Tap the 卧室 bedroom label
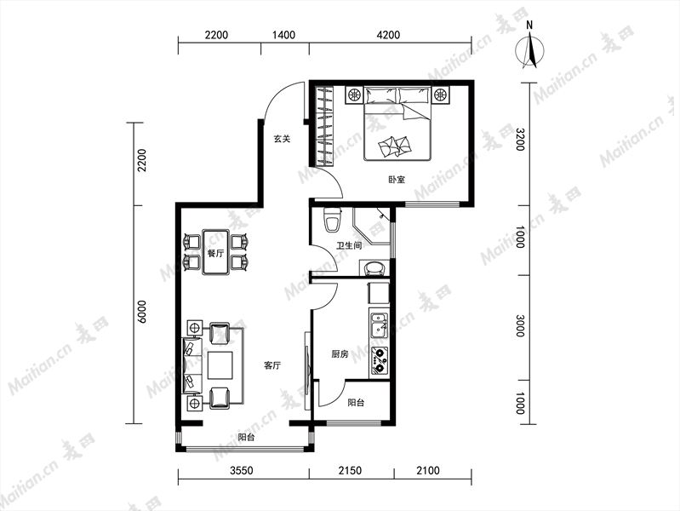[x=397, y=180]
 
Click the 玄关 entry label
[x=282, y=139]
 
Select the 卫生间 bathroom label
[x=349, y=246]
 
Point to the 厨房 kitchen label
[x=340, y=354]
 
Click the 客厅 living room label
[x=272, y=365]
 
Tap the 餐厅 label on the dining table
[x=215, y=253]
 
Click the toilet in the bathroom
[x=333, y=220]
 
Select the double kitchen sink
[x=379, y=325]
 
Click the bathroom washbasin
[x=374, y=268]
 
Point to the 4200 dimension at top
[x=388, y=35]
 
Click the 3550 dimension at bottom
[x=242, y=470]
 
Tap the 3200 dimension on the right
[x=519, y=140]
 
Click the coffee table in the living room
[x=220, y=365]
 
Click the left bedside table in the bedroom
[x=355, y=95]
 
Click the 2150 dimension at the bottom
[x=350, y=470]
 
